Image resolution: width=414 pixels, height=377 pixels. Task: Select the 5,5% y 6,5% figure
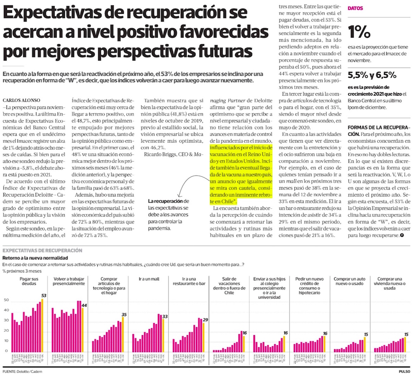tap(372, 75)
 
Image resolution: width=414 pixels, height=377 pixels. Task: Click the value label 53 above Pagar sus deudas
tap(43, 295)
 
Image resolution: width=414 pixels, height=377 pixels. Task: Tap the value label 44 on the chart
tap(84, 305)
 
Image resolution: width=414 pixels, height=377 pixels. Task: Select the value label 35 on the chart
tap(124, 315)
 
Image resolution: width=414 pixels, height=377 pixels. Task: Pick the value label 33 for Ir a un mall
tap(164, 317)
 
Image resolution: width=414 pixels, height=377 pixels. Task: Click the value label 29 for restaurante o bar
tap(205, 320)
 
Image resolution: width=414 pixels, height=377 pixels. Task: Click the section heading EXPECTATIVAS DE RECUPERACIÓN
tap(42, 251)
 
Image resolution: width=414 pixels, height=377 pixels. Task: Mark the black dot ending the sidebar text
tap(401, 235)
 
